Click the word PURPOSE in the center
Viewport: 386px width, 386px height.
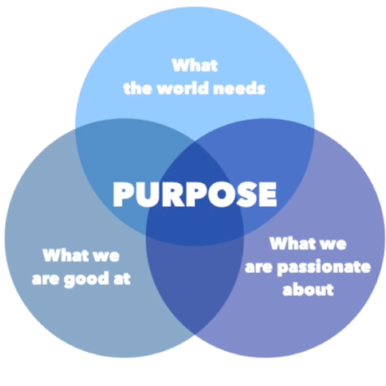tap(195, 194)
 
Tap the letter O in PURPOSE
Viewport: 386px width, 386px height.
tap(221, 194)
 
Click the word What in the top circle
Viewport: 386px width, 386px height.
tap(195, 65)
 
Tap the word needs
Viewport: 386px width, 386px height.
tap(239, 88)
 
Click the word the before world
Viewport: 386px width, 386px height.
tap(138, 88)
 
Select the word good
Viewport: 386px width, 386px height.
tap(86, 279)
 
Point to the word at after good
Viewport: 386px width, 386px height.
tap(122, 278)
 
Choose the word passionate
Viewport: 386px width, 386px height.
tap(324, 268)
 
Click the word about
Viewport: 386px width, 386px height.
tap(308, 289)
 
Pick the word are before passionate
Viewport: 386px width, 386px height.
tap(259, 268)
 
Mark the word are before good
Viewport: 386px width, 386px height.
tap(46, 279)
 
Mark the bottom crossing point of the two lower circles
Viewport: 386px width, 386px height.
tap(195, 334)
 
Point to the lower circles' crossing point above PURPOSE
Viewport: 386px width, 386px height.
tap(195, 141)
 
